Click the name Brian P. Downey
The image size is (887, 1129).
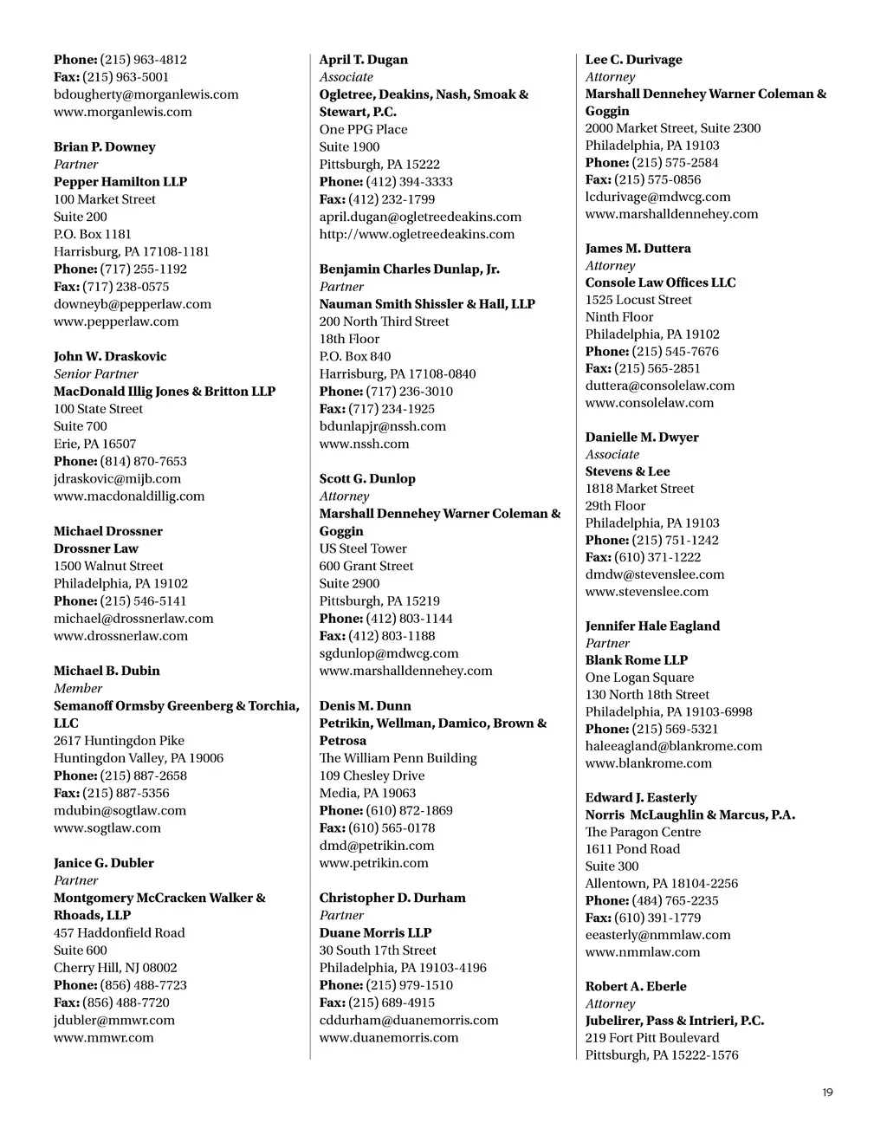click(105, 146)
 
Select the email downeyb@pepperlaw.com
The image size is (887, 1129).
click(133, 304)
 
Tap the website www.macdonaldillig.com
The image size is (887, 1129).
click(129, 496)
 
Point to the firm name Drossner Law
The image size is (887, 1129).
click(96, 548)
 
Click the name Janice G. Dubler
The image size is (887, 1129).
click(104, 863)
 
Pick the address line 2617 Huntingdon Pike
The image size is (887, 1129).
click(119, 741)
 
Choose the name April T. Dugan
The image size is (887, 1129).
click(363, 60)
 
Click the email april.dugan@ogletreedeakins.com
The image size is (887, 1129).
click(420, 217)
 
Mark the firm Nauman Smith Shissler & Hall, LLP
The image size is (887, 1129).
click(427, 304)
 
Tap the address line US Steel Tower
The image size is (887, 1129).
click(363, 548)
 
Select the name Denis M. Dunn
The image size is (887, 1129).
click(365, 706)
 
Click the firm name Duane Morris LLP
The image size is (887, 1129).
click(375, 933)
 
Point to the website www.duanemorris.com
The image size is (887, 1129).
click(389, 1038)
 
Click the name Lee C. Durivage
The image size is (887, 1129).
click(633, 60)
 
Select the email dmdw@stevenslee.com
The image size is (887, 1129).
click(655, 574)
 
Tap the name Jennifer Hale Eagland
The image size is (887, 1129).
click(652, 626)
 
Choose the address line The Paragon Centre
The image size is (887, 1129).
click(643, 832)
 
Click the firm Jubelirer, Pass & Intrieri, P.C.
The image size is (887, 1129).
click(674, 1021)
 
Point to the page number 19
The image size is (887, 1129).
click(827, 1093)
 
